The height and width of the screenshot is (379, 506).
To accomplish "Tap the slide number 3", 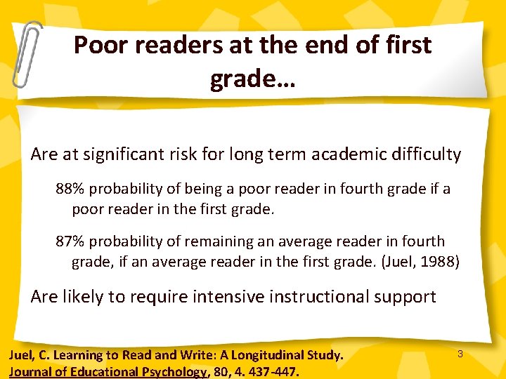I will [x=460, y=354].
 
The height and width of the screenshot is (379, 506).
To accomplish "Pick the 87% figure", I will [x=70, y=241].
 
